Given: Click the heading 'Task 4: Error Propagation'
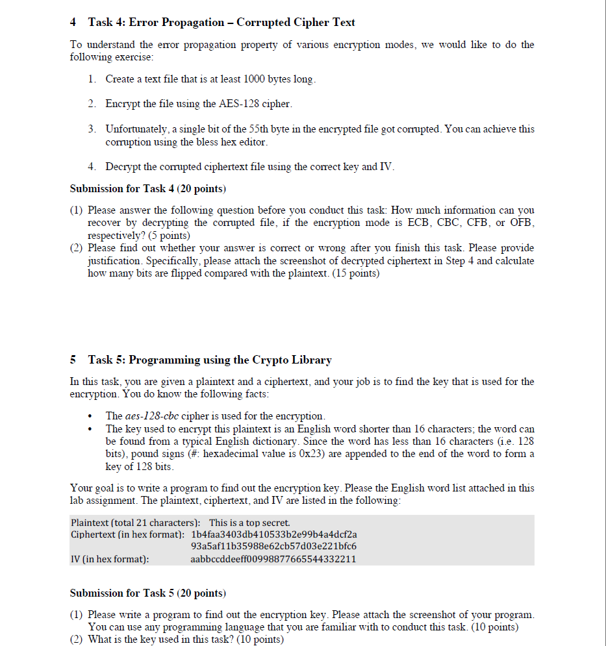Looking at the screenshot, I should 221,23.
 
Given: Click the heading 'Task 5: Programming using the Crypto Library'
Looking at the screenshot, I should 210,360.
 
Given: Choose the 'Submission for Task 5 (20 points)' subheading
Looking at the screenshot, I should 147,593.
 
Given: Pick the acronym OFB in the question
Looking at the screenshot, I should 521,223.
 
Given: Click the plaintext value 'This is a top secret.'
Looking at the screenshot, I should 249,523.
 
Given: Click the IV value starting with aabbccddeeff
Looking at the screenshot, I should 273,559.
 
